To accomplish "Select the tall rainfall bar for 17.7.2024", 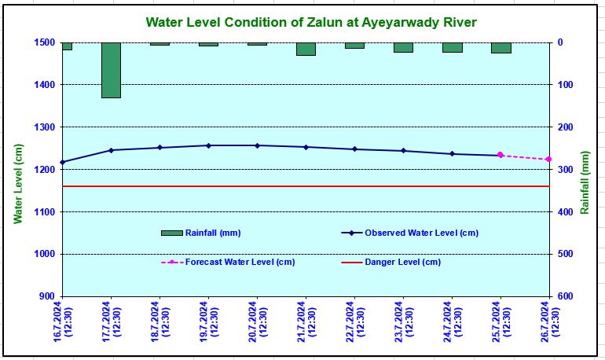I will click(x=111, y=70).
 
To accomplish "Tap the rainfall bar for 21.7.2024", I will click(x=306, y=49).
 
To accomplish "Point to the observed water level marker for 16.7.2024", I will click(x=62, y=162).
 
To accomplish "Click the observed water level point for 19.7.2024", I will click(x=208, y=145).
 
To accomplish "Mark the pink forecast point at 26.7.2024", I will click(x=548, y=160).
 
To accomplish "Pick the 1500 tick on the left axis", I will click(x=43, y=42).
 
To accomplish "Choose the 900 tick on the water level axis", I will click(x=46, y=296).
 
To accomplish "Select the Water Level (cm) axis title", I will click(x=17, y=182).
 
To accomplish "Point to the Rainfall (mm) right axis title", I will click(x=585, y=182).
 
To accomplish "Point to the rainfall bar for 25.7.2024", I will click(x=500, y=48).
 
